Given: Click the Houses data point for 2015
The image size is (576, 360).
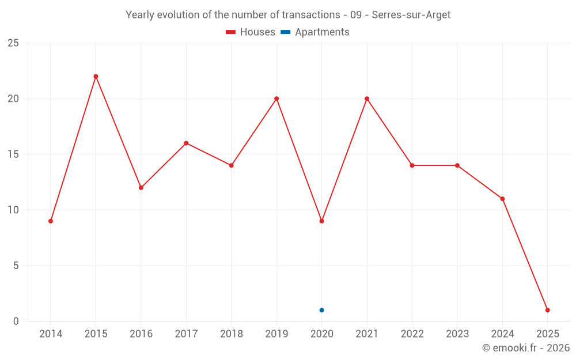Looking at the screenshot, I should coord(96,77).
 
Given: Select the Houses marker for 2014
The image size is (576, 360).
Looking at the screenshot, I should coord(51,221).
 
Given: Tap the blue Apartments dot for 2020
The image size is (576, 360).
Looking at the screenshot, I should coord(321,310).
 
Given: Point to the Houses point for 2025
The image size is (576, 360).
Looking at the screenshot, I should coord(547,310).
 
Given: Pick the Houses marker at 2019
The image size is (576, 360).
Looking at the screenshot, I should coord(276,98).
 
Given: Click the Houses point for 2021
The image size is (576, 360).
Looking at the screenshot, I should coord(367,98).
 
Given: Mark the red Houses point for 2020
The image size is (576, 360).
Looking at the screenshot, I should coord(321,221).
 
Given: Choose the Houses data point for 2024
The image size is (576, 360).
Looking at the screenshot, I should coord(502,199).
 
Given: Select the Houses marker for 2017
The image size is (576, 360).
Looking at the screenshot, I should coord(186,143).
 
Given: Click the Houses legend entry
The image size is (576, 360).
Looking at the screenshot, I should coord(251,32).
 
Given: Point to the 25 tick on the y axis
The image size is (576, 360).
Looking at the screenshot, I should coord(13,43).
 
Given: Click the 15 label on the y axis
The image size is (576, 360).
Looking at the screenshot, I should coord(13,154).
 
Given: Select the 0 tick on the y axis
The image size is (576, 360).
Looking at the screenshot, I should coord(16,321).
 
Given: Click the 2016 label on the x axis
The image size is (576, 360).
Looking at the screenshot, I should coord(141,334).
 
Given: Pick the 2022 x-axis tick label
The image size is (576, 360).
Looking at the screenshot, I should coord(412,334).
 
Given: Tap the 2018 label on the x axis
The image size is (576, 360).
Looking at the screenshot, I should coord(231,334).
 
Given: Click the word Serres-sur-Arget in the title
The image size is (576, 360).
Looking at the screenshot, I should coord(411,14).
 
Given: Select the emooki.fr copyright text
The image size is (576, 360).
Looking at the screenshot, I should coord(526,348).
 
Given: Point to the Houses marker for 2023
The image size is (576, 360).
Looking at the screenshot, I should coord(457,165).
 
